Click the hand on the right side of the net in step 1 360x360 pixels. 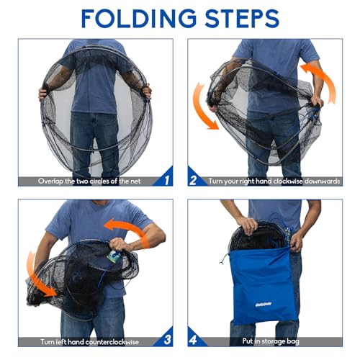(147, 91)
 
